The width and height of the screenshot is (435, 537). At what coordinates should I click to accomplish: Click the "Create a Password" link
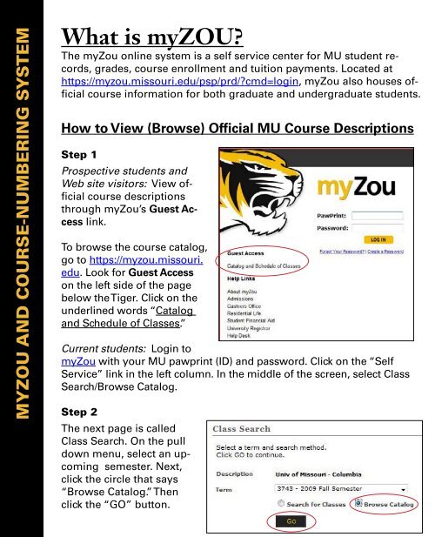[x=403, y=276]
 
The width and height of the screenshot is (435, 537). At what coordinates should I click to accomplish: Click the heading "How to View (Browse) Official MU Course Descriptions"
[x=235, y=129]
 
